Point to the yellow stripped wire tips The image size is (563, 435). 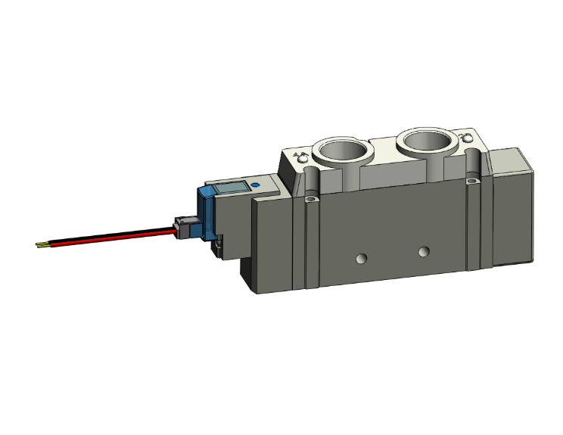[43, 244]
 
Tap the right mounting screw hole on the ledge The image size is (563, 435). [473, 181]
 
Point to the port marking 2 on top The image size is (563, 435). [467, 139]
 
